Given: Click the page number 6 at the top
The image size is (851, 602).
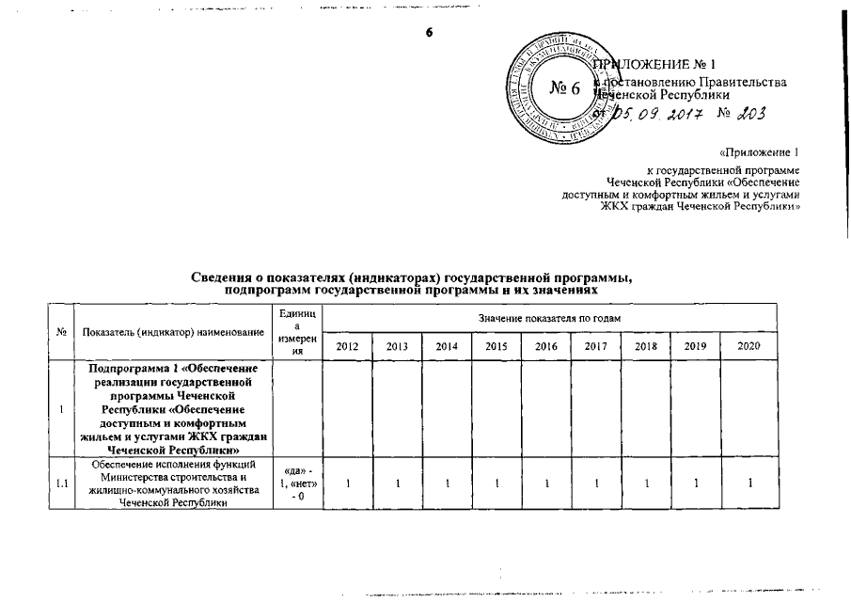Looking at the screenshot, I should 430,32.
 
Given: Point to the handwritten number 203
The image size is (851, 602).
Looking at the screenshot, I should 747,114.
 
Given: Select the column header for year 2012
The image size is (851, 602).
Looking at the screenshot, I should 348,347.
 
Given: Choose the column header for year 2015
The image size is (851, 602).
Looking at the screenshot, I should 496,347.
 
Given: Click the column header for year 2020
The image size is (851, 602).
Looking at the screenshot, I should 748,347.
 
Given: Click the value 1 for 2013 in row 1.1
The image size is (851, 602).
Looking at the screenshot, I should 397,483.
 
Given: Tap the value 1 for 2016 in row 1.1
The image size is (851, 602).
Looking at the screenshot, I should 546,483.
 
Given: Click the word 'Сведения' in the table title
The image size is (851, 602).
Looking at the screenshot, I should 222,276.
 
